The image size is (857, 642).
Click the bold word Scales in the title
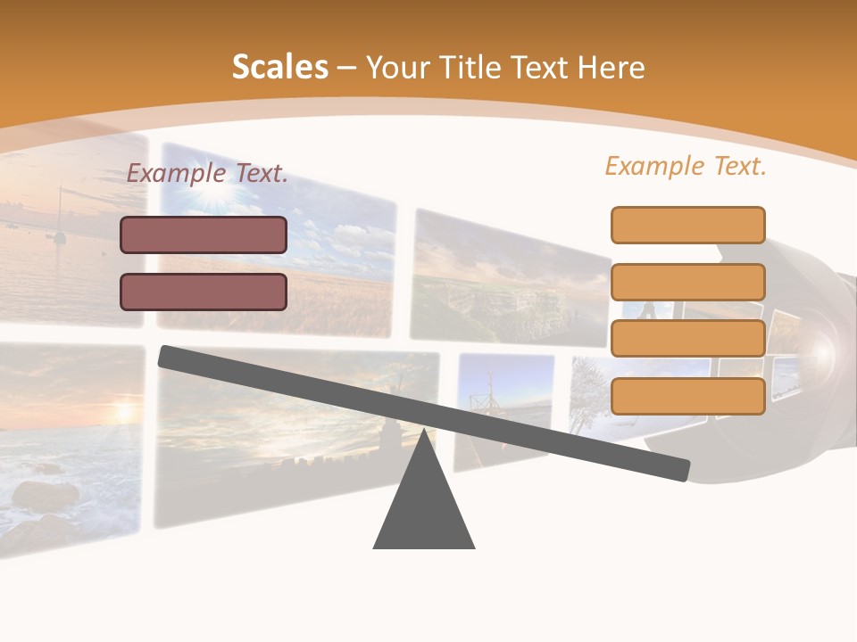(279, 67)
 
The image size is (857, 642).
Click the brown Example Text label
(207, 173)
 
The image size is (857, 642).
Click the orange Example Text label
(686, 166)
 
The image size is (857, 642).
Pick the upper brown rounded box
(204, 235)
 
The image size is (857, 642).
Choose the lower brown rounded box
(204, 292)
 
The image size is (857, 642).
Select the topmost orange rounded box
(687, 225)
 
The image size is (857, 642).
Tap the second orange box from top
(687, 282)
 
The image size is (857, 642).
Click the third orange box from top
(687, 339)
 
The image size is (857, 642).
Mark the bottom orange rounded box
(687, 396)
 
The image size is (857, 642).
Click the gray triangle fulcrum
(424, 508)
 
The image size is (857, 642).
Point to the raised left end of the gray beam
(168, 356)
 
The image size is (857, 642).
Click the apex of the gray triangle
(424, 432)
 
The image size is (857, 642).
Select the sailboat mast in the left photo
(60, 214)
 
